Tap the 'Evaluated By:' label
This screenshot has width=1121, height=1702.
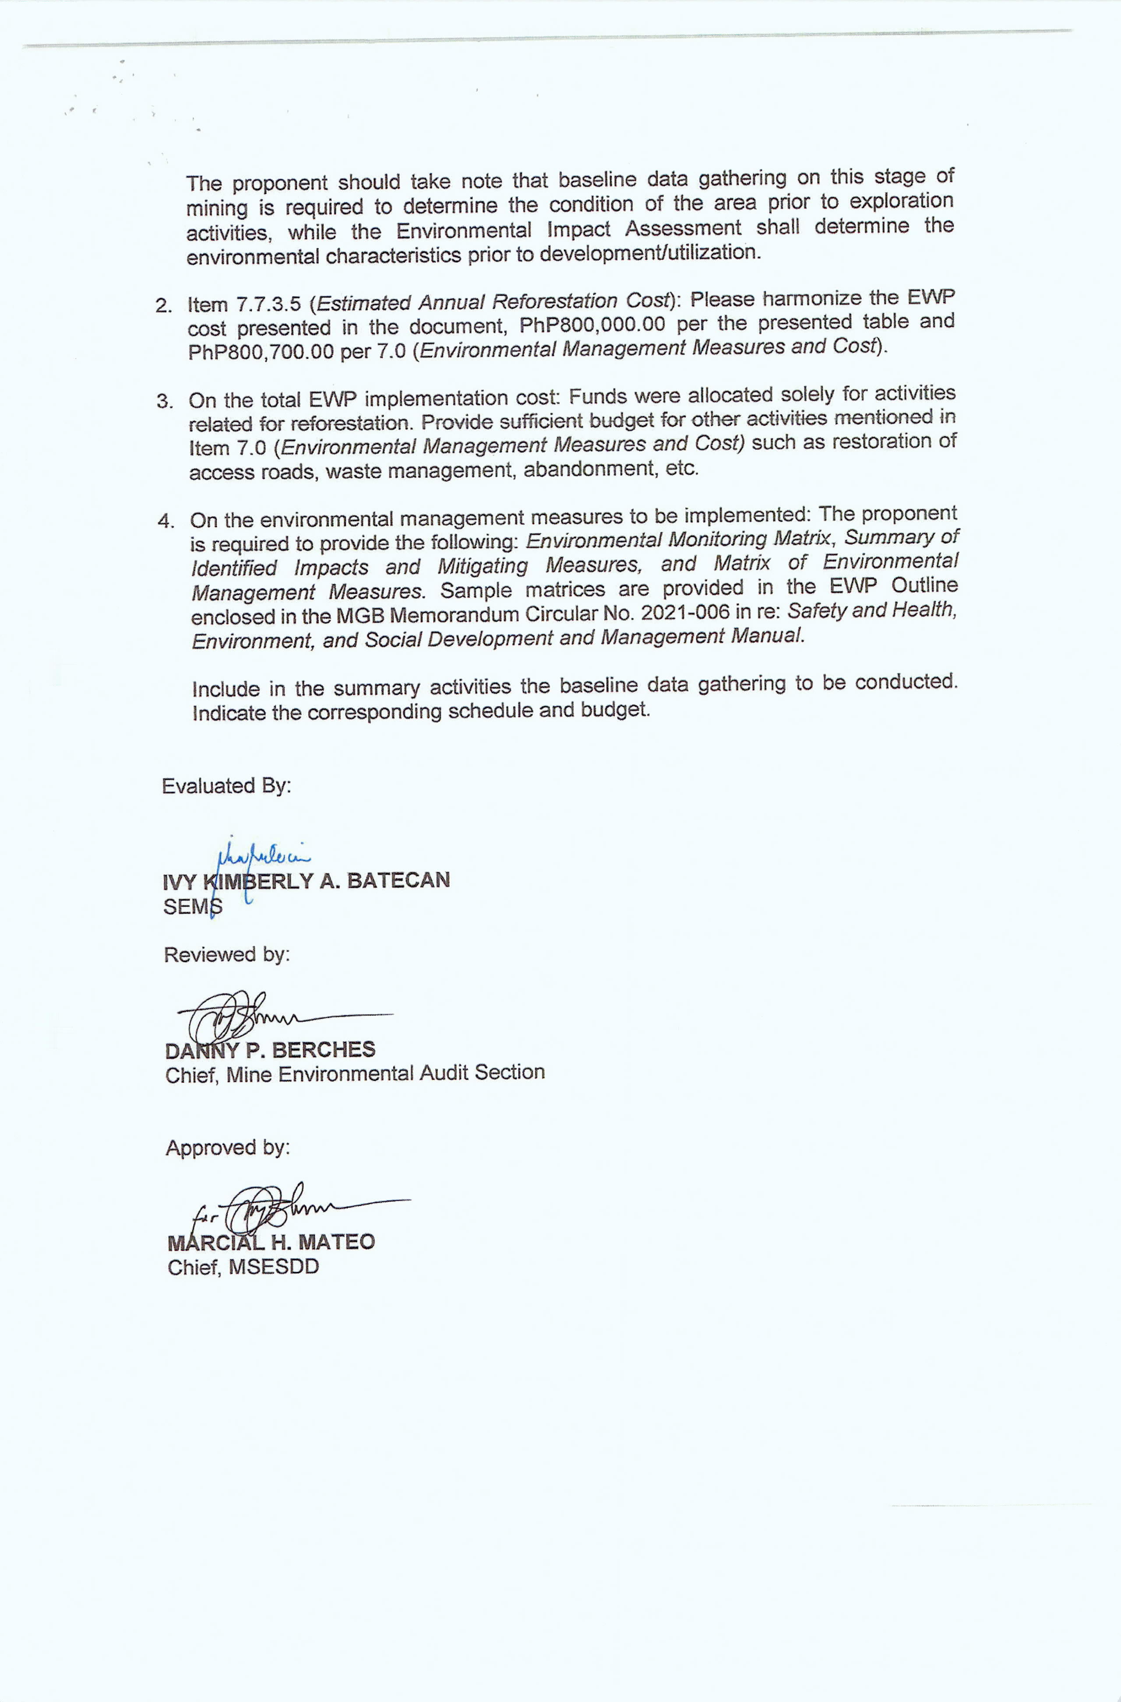[x=226, y=786]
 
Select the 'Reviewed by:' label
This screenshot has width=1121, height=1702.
[x=227, y=955]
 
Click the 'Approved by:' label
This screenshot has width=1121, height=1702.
[x=227, y=1148]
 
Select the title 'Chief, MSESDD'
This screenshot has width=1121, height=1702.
[x=243, y=1267]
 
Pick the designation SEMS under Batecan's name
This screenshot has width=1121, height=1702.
[x=192, y=907]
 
